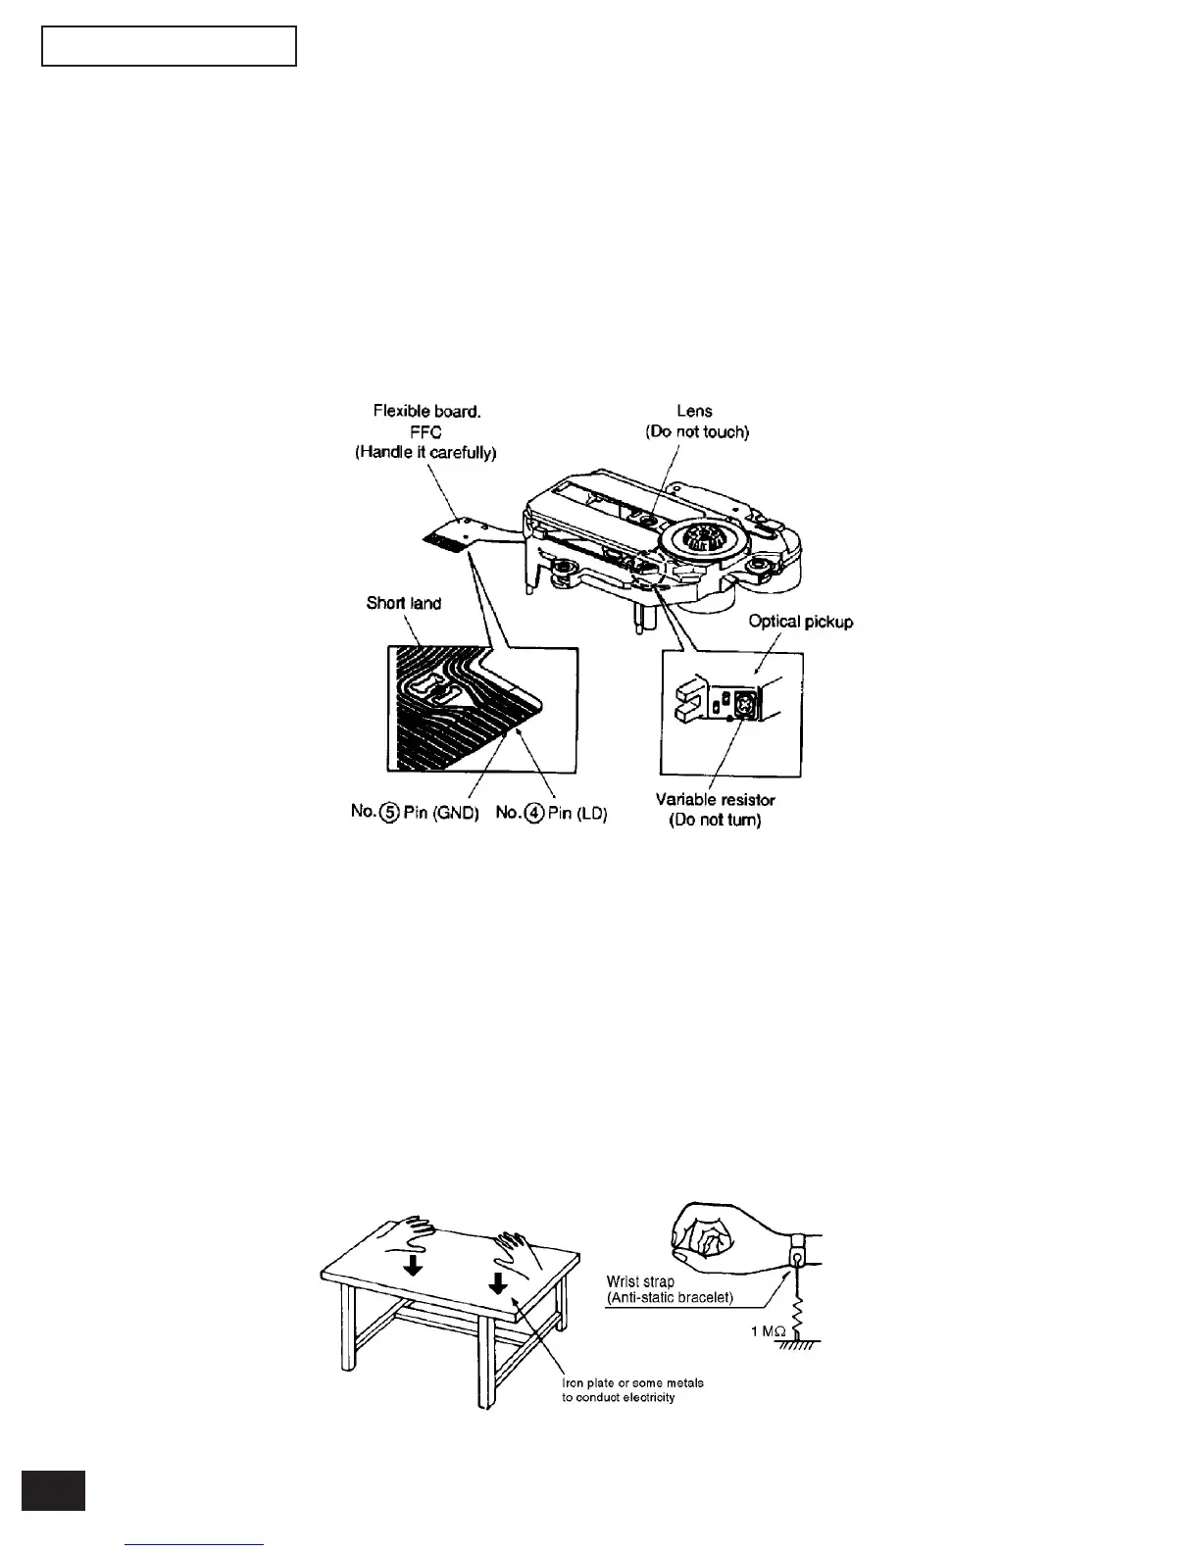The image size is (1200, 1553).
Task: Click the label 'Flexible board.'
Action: click(x=426, y=412)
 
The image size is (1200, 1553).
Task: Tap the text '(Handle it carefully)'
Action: click(x=425, y=453)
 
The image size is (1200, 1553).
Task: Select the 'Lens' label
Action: click(x=694, y=412)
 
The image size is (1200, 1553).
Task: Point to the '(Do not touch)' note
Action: click(x=696, y=432)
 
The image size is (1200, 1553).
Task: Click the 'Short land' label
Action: click(x=404, y=603)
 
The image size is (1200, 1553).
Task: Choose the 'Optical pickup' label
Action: click(x=801, y=622)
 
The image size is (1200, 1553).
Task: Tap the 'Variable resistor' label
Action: click(x=716, y=800)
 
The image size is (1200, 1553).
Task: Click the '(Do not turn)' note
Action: click(x=715, y=821)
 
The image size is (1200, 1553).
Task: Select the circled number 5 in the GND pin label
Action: click(x=388, y=814)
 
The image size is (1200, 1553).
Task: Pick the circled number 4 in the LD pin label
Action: click(x=535, y=814)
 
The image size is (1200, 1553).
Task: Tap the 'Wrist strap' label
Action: click(x=640, y=1281)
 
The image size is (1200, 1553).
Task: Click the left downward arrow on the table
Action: click(x=414, y=1266)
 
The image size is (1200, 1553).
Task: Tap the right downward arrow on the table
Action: click(x=498, y=1281)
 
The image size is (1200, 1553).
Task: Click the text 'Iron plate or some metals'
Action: click(x=632, y=1383)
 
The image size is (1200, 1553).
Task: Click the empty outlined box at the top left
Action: click(x=169, y=46)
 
